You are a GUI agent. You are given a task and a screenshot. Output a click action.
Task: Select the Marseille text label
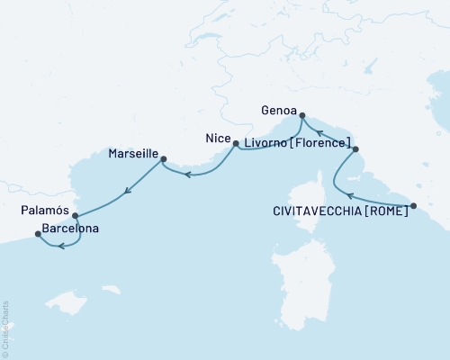(x=132, y=154)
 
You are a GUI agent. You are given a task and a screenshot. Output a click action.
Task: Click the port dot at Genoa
(x=301, y=115)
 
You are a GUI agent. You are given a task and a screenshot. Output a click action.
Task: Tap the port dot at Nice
(x=236, y=143)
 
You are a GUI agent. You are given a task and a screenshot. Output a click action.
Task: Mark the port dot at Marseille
(x=163, y=160)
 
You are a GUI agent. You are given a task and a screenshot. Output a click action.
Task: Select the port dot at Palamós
(x=75, y=216)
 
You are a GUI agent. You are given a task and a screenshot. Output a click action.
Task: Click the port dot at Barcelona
(x=38, y=234)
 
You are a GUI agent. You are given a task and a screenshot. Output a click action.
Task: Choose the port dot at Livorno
(x=355, y=149)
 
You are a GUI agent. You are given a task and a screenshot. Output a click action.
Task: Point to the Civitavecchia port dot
(x=413, y=207)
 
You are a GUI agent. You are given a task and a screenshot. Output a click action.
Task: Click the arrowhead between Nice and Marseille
(x=188, y=175)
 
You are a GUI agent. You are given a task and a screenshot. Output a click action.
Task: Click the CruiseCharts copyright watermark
(x=5, y=329)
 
